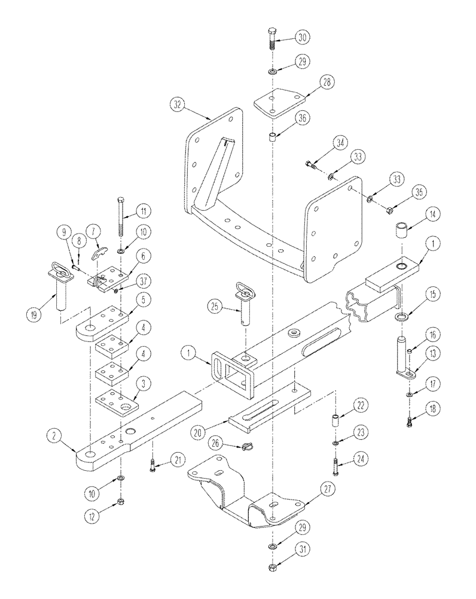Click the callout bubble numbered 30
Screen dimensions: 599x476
[x=304, y=37]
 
